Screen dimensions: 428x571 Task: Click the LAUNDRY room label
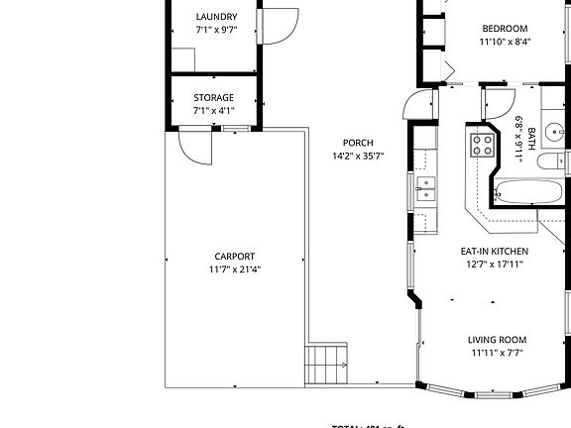215,17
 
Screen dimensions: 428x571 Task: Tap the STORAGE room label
213,97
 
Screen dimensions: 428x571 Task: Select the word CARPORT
235,256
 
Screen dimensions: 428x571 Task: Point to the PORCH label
358,143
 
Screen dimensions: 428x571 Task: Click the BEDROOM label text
504,29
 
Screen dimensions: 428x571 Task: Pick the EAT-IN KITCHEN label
492,252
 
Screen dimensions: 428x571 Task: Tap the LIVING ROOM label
497,340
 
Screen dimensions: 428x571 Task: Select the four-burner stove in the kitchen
482,146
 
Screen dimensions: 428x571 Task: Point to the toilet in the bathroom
561,160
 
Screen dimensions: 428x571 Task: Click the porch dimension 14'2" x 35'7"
358,156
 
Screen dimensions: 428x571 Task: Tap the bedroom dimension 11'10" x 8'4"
504,42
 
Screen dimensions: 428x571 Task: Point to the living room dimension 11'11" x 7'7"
497,353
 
